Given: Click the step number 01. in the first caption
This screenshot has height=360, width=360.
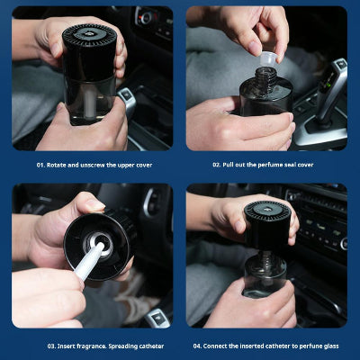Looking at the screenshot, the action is point(40,165).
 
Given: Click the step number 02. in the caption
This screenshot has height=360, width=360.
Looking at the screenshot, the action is point(217,165).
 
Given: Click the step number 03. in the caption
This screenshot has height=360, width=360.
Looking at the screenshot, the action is point(51,346).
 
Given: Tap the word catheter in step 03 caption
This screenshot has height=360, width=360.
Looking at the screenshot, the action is point(151,346).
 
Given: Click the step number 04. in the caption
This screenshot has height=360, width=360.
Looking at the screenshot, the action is point(197,346).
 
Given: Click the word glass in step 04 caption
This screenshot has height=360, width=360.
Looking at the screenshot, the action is point(330,346).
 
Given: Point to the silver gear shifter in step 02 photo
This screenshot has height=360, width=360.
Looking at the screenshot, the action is point(331,91).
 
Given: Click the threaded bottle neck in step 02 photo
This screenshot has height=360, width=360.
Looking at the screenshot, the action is point(265,77).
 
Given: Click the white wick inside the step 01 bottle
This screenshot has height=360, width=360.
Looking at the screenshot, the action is point(89,103).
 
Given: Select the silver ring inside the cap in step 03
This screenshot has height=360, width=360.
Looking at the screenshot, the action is point(98,244).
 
